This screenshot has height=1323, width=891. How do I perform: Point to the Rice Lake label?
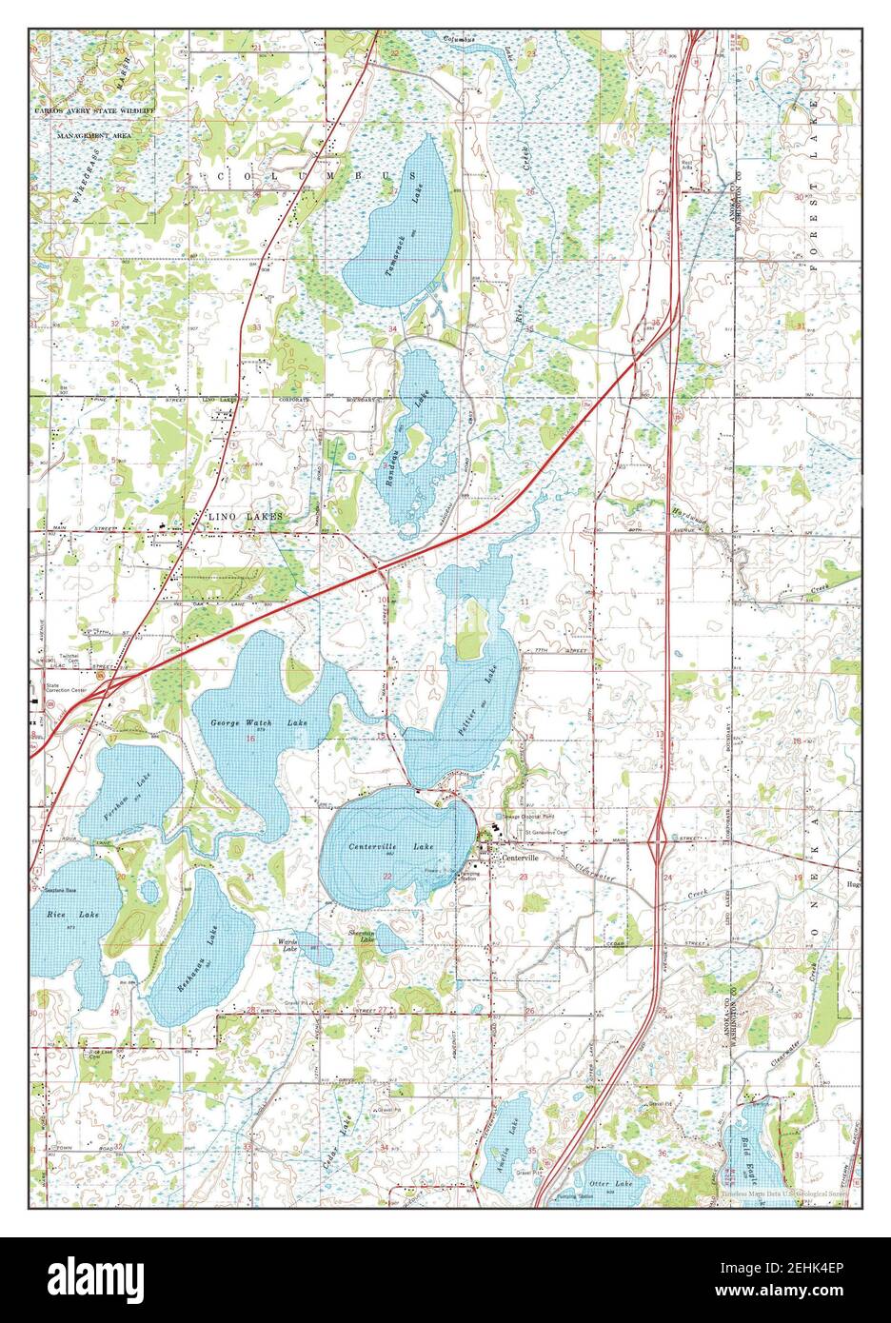(x=59, y=915)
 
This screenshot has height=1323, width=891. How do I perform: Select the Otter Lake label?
(x=610, y=1183)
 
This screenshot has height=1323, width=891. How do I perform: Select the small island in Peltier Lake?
(x=468, y=642)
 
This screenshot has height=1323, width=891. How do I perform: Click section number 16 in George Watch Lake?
(x=250, y=738)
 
